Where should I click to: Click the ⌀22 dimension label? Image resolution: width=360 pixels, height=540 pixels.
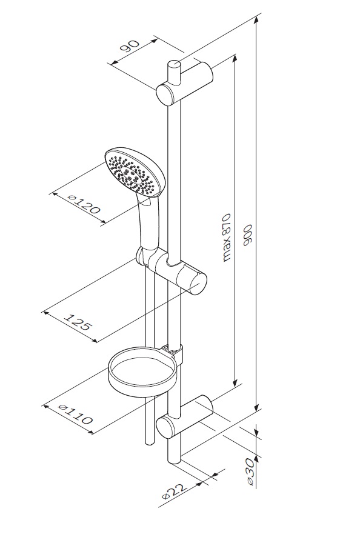click(x=174, y=491)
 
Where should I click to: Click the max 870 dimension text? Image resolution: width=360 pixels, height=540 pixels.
click(x=226, y=238)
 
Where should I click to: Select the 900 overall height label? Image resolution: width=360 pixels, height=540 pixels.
click(x=248, y=236)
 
